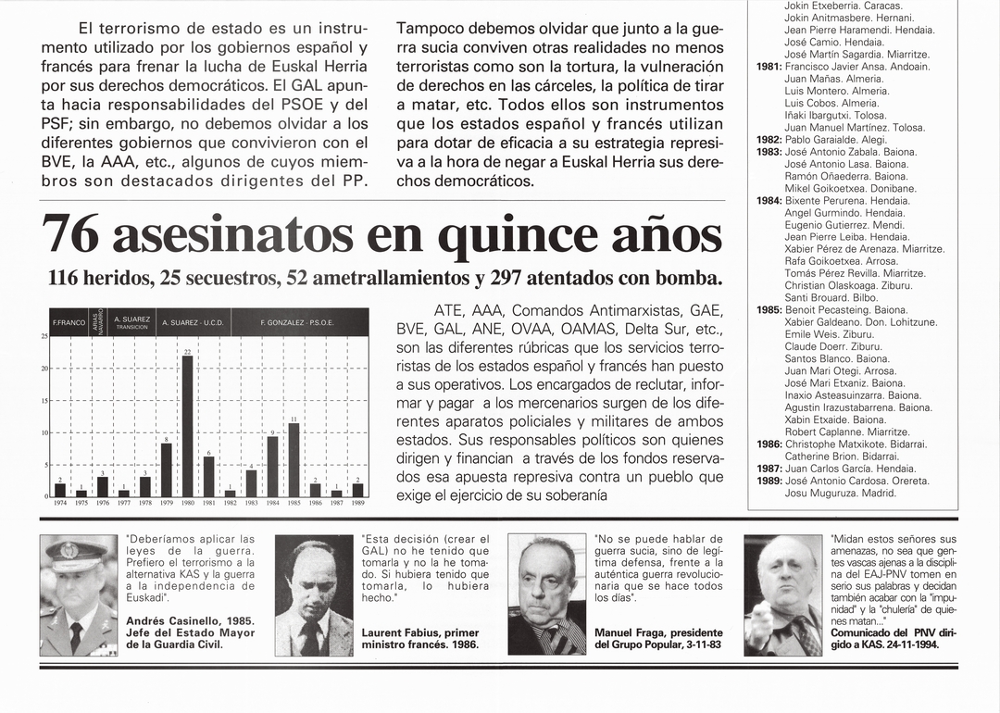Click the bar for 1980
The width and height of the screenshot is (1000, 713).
coord(188,426)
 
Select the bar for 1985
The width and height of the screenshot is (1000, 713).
coord(294,460)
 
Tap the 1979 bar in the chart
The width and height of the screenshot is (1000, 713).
coord(167,469)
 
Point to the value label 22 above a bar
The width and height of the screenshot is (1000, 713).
coord(187,352)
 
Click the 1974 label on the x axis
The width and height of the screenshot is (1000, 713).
coord(59,503)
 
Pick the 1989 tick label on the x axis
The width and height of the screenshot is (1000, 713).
coord(357,503)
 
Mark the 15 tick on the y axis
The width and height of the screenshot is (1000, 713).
coord(44,401)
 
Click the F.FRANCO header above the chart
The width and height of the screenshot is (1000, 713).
coord(69,322)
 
